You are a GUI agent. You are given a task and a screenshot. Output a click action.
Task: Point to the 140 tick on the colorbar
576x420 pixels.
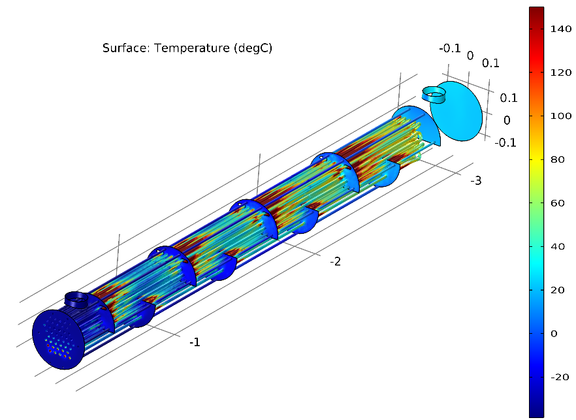[x=560, y=29]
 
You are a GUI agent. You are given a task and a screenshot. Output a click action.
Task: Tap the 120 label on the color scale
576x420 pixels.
[x=560, y=73]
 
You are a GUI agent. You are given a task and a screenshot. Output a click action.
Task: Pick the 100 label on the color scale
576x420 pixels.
[x=560, y=116]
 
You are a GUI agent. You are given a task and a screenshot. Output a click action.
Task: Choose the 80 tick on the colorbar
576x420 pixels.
[x=558, y=159]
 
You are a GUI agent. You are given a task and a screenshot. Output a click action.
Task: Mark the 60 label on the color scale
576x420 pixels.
[x=558, y=203]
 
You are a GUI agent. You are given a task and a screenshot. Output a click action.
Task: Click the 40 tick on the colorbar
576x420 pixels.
[x=558, y=247]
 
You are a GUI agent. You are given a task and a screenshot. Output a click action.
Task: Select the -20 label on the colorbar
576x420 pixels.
[x=559, y=378]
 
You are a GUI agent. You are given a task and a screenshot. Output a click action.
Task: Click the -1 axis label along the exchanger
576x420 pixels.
[x=195, y=342]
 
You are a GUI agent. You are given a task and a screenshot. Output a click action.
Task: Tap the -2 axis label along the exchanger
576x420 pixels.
[x=335, y=261]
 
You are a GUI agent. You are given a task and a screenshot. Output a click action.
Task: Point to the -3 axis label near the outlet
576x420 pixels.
[x=476, y=180]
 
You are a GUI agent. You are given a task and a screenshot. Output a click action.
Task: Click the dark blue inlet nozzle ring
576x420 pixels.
[x=77, y=300]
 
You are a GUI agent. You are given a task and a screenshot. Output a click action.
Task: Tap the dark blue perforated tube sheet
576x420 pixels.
[x=59, y=340]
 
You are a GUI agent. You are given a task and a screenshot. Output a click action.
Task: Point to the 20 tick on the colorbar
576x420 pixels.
[x=558, y=290]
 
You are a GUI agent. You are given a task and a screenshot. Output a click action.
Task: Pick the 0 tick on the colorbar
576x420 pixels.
[x=554, y=334]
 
